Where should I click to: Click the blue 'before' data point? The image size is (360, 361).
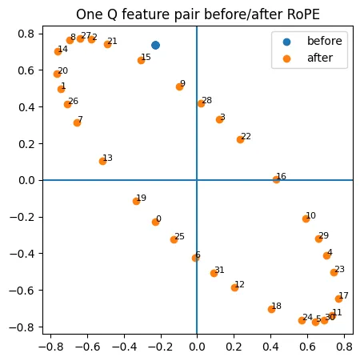point(155,45)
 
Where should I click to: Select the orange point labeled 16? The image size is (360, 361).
point(276,179)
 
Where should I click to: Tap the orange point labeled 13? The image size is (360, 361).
point(102,161)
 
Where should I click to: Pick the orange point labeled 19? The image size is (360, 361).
point(136,201)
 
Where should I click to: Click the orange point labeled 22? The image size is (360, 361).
point(240,139)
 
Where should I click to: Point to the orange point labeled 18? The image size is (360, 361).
point(271,309)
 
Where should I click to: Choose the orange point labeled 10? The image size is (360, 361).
point(306,219)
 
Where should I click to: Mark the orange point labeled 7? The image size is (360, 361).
point(77,122)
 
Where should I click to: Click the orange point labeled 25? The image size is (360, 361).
point(174,239)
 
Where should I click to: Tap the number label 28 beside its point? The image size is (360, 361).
point(207,100)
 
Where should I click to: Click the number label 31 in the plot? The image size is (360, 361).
point(219,270)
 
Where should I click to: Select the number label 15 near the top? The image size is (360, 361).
point(146,57)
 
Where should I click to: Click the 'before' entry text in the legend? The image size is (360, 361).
point(325,41)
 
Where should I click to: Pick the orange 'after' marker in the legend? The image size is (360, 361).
point(286,58)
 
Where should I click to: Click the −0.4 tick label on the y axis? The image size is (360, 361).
point(22,254)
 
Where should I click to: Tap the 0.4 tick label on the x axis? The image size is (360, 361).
point(270,347)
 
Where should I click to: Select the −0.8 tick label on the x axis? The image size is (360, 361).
point(51,347)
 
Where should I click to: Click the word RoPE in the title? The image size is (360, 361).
point(303,14)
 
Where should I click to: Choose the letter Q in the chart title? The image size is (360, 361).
point(113,14)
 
